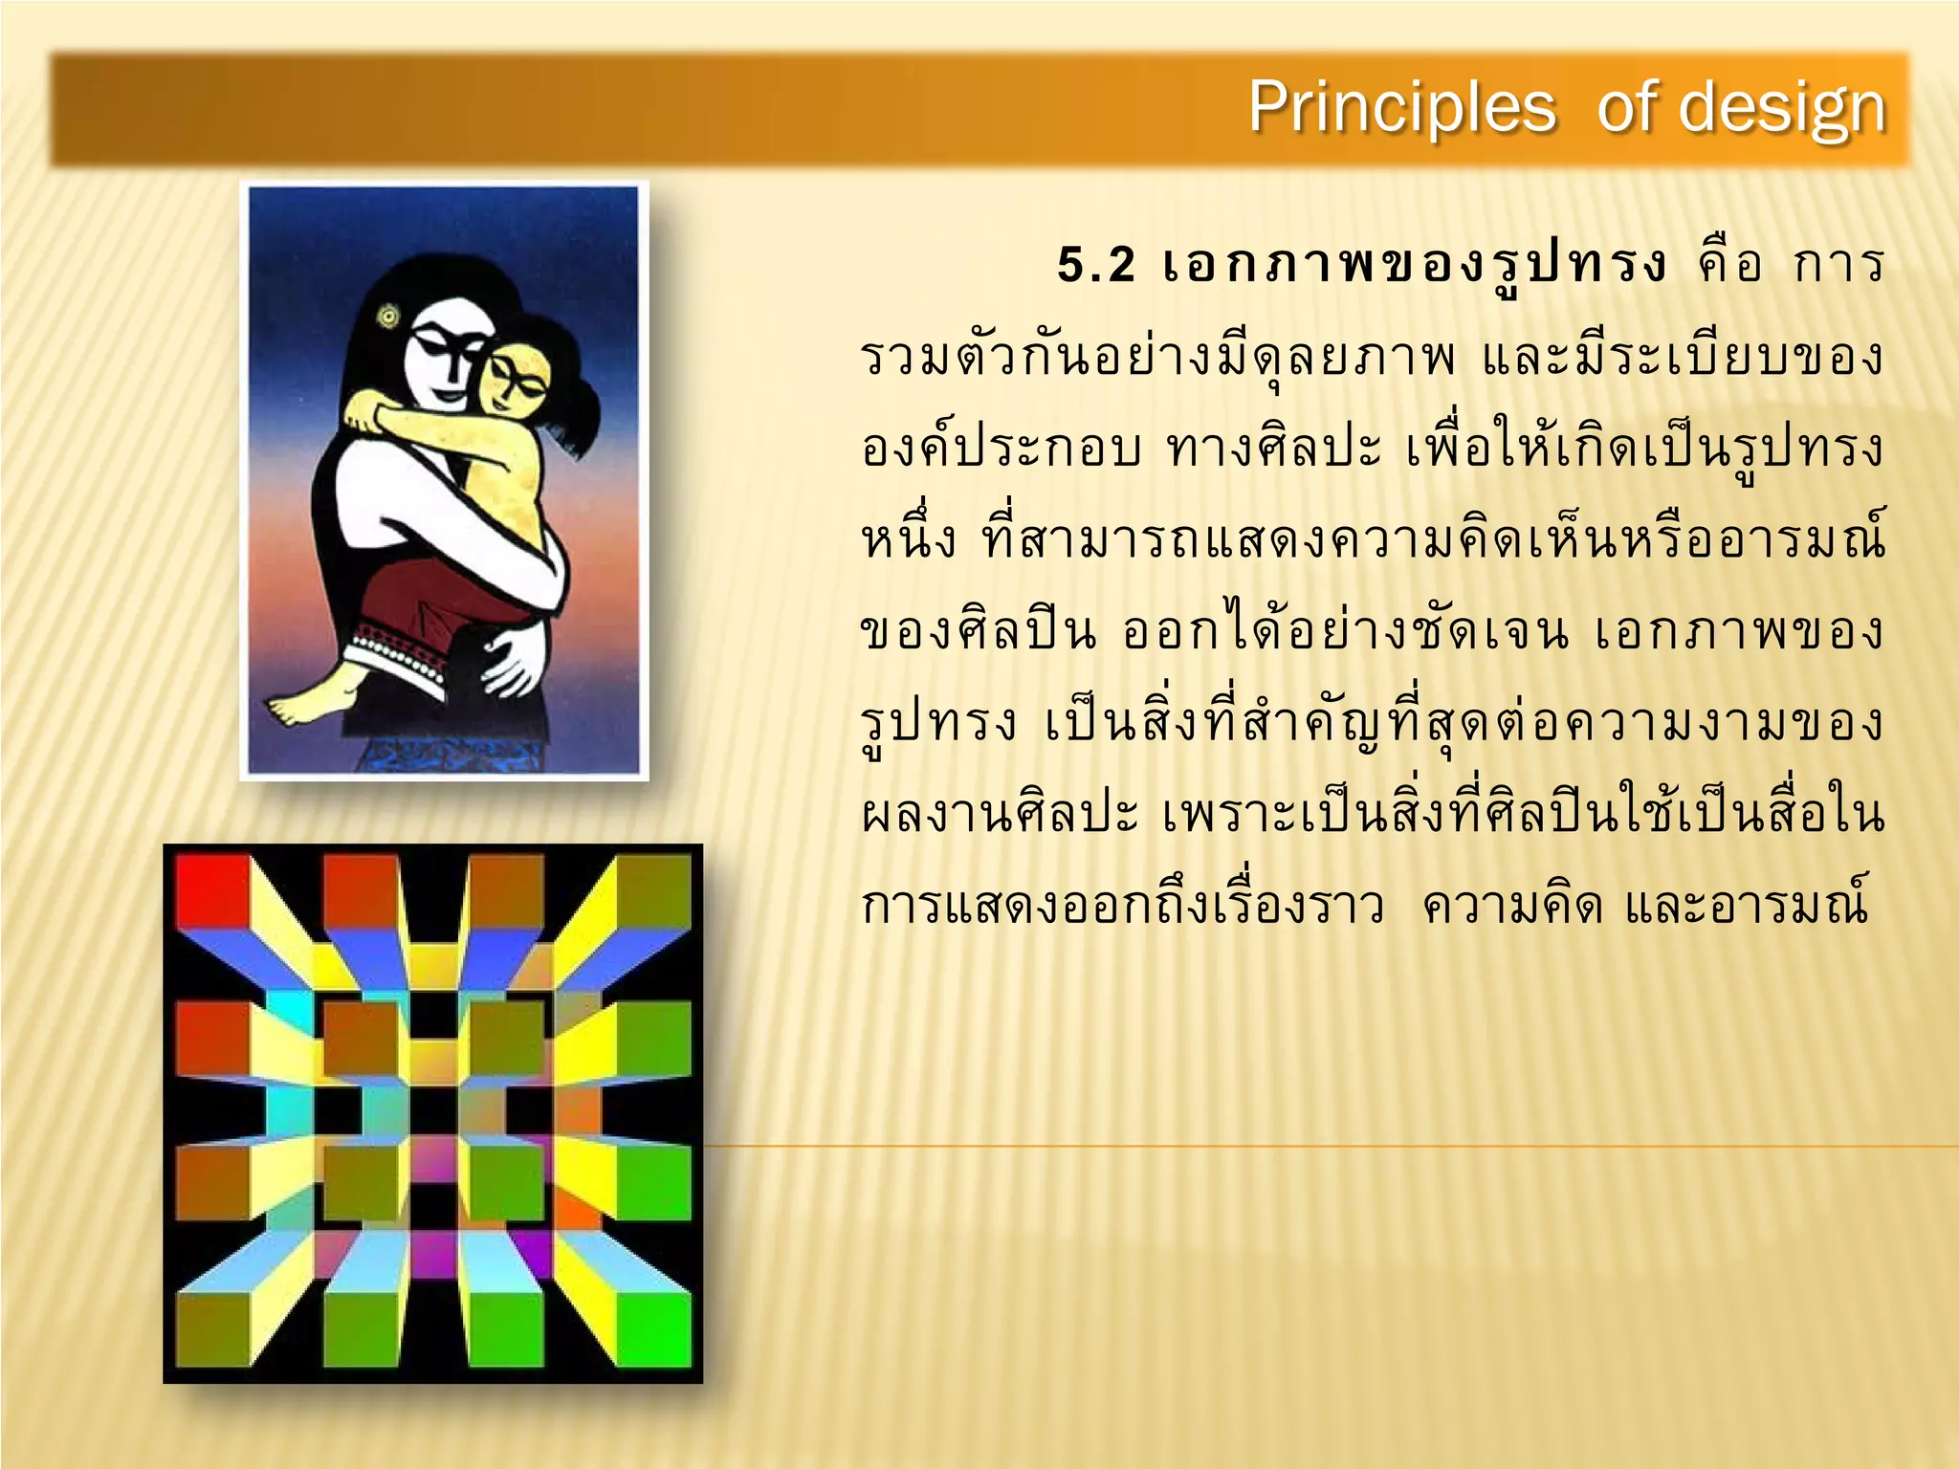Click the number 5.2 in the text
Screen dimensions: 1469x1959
point(1096,265)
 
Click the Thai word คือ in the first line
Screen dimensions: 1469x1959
point(1729,265)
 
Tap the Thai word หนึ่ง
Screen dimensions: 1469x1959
point(908,538)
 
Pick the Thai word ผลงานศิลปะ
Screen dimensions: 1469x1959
point(1001,814)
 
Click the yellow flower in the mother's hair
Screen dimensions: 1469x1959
point(389,315)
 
